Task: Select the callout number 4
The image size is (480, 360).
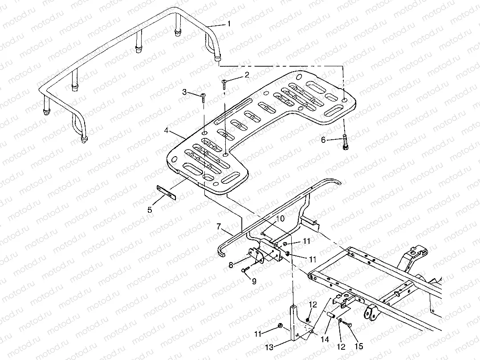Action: [x=166, y=131]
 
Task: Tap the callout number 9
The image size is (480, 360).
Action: [x=254, y=281]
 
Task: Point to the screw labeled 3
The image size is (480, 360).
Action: [x=203, y=97]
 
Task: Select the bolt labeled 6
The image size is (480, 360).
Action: [x=346, y=142]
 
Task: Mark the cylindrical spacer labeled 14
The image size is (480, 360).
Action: [x=331, y=314]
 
